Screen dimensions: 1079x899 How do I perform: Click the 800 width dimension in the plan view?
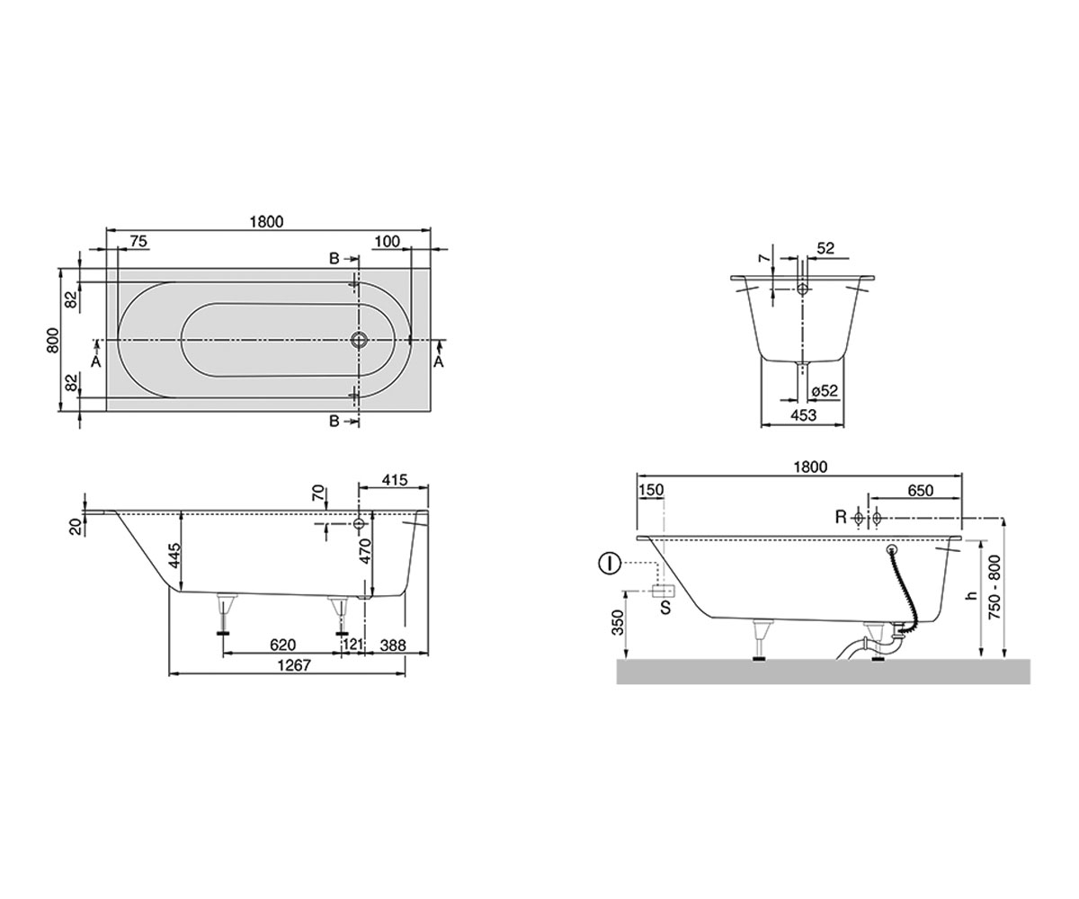(x=53, y=340)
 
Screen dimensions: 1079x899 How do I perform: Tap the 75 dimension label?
(x=138, y=241)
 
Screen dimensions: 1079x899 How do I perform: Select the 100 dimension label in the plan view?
(x=387, y=241)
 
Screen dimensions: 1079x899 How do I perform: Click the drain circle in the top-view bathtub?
(x=359, y=340)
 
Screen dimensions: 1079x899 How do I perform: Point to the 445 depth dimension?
(x=175, y=556)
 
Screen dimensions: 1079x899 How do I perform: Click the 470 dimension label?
(x=365, y=551)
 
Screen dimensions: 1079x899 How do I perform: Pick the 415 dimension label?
(x=394, y=479)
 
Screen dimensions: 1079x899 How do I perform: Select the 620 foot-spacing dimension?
(x=282, y=645)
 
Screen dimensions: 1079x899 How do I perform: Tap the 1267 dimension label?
(x=294, y=665)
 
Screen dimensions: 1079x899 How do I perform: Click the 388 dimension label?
(x=393, y=645)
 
